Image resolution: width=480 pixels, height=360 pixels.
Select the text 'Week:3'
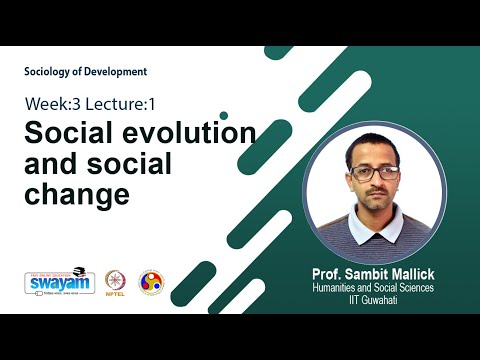(52, 104)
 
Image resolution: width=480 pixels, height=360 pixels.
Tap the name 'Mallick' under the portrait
(409, 272)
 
